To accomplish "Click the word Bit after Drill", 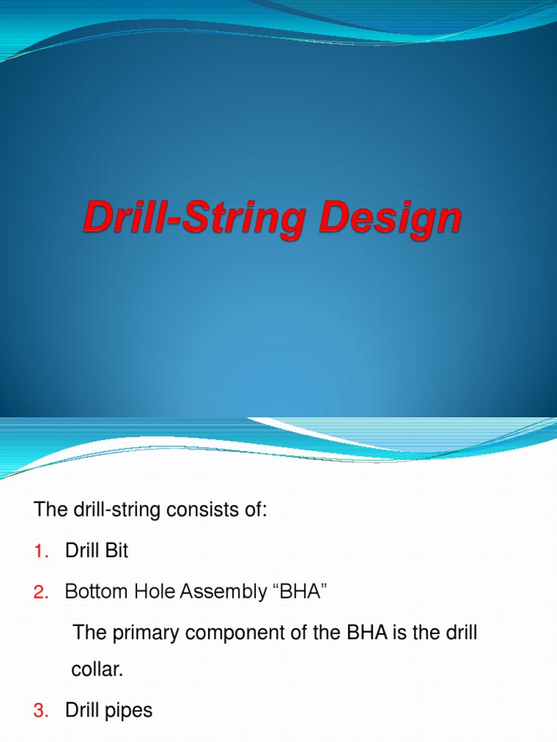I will (x=116, y=551).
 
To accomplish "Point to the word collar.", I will (x=97, y=670).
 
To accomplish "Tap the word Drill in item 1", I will (x=81, y=551).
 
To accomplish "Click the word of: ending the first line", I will (x=256, y=509).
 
